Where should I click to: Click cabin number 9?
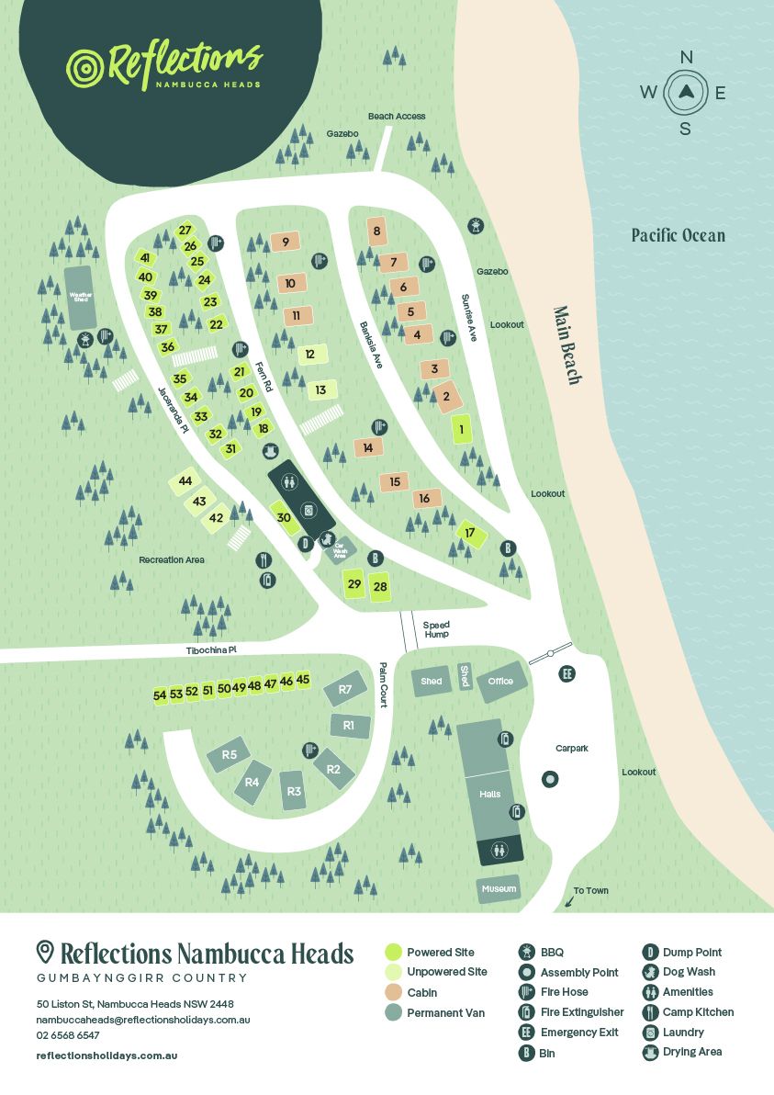point(286,243)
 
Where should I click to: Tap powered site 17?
point(470,534)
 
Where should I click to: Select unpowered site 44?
point(185,481)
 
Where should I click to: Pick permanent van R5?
point(230,755)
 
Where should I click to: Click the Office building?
point(500,682)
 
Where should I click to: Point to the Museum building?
point(499,889)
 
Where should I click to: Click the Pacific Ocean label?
point(678,235)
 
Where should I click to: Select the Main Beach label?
point(566,345)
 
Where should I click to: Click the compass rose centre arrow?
point(685,91)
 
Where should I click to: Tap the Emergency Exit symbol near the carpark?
point(567,673)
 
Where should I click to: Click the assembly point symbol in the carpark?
point(550,779)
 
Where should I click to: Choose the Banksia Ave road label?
point(370,344)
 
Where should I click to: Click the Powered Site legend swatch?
point(393,952)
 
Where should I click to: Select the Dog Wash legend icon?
point(650,972)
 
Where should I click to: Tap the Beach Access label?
point(397,117)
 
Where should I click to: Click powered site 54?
point(160,695)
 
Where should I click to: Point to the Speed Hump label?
point(436,629)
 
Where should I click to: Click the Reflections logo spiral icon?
point(86,67)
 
